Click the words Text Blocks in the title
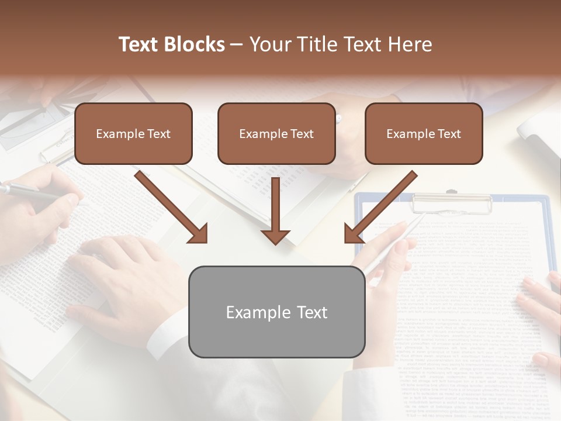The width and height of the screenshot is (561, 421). [x=171, y=44]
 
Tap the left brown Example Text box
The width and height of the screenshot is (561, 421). [x=133, y=133]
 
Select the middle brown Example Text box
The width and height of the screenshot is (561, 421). [x=276, y=133]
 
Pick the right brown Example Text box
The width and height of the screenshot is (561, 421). [x=424, y=133]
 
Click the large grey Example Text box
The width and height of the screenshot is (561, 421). [x=276, y=312]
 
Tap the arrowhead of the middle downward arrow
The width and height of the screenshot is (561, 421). [x=275, y=236]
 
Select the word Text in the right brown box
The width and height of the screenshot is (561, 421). [x=449, y=133]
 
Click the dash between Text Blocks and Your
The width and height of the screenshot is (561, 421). [x=237, y=44]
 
